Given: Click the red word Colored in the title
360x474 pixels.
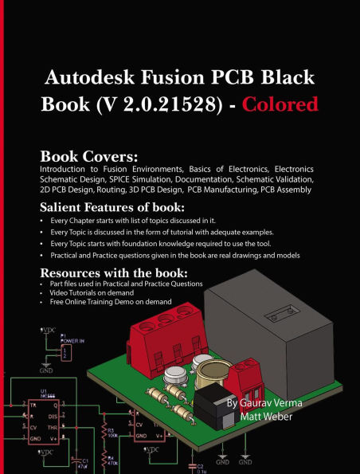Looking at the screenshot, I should click(x=281, y=104).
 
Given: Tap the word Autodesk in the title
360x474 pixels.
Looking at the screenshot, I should click(x=92, y=79).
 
